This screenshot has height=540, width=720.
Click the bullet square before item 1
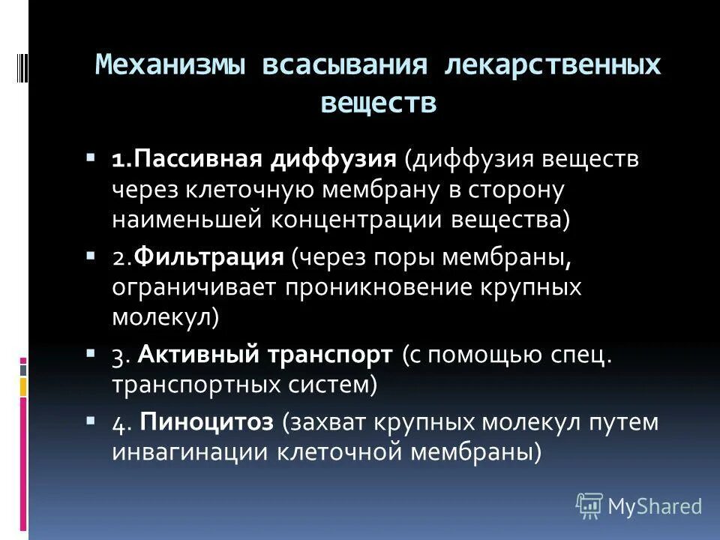tap(90, 158)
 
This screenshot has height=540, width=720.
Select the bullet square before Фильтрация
tap(90, 256)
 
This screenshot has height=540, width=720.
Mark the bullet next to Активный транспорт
tap(90, 353)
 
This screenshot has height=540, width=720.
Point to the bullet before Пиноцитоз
tap(90, 420)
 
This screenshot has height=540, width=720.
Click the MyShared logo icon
tap(589, 505)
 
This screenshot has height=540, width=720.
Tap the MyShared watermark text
tap(655, 506)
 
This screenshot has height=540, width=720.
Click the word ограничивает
tap(196, 288)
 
